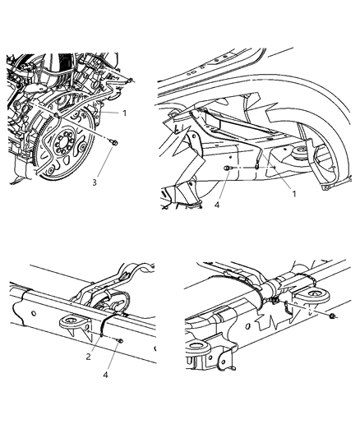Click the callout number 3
pos(95,182)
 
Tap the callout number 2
pos(88,357)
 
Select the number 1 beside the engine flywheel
pos(125,113)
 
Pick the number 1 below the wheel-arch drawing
pos(293,194)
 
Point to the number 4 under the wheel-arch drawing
pos(217,205)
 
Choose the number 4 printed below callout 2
pos(105,375)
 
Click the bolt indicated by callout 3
pos(114,143)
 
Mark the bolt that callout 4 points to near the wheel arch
pos(227,168)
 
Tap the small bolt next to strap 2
pos(120,340)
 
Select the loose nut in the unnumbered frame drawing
pos(332,316)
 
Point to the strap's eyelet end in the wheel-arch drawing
pos(256,168)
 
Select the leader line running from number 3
pos(104,163)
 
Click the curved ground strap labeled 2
pos(103,328)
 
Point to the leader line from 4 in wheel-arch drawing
pos(224,187)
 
